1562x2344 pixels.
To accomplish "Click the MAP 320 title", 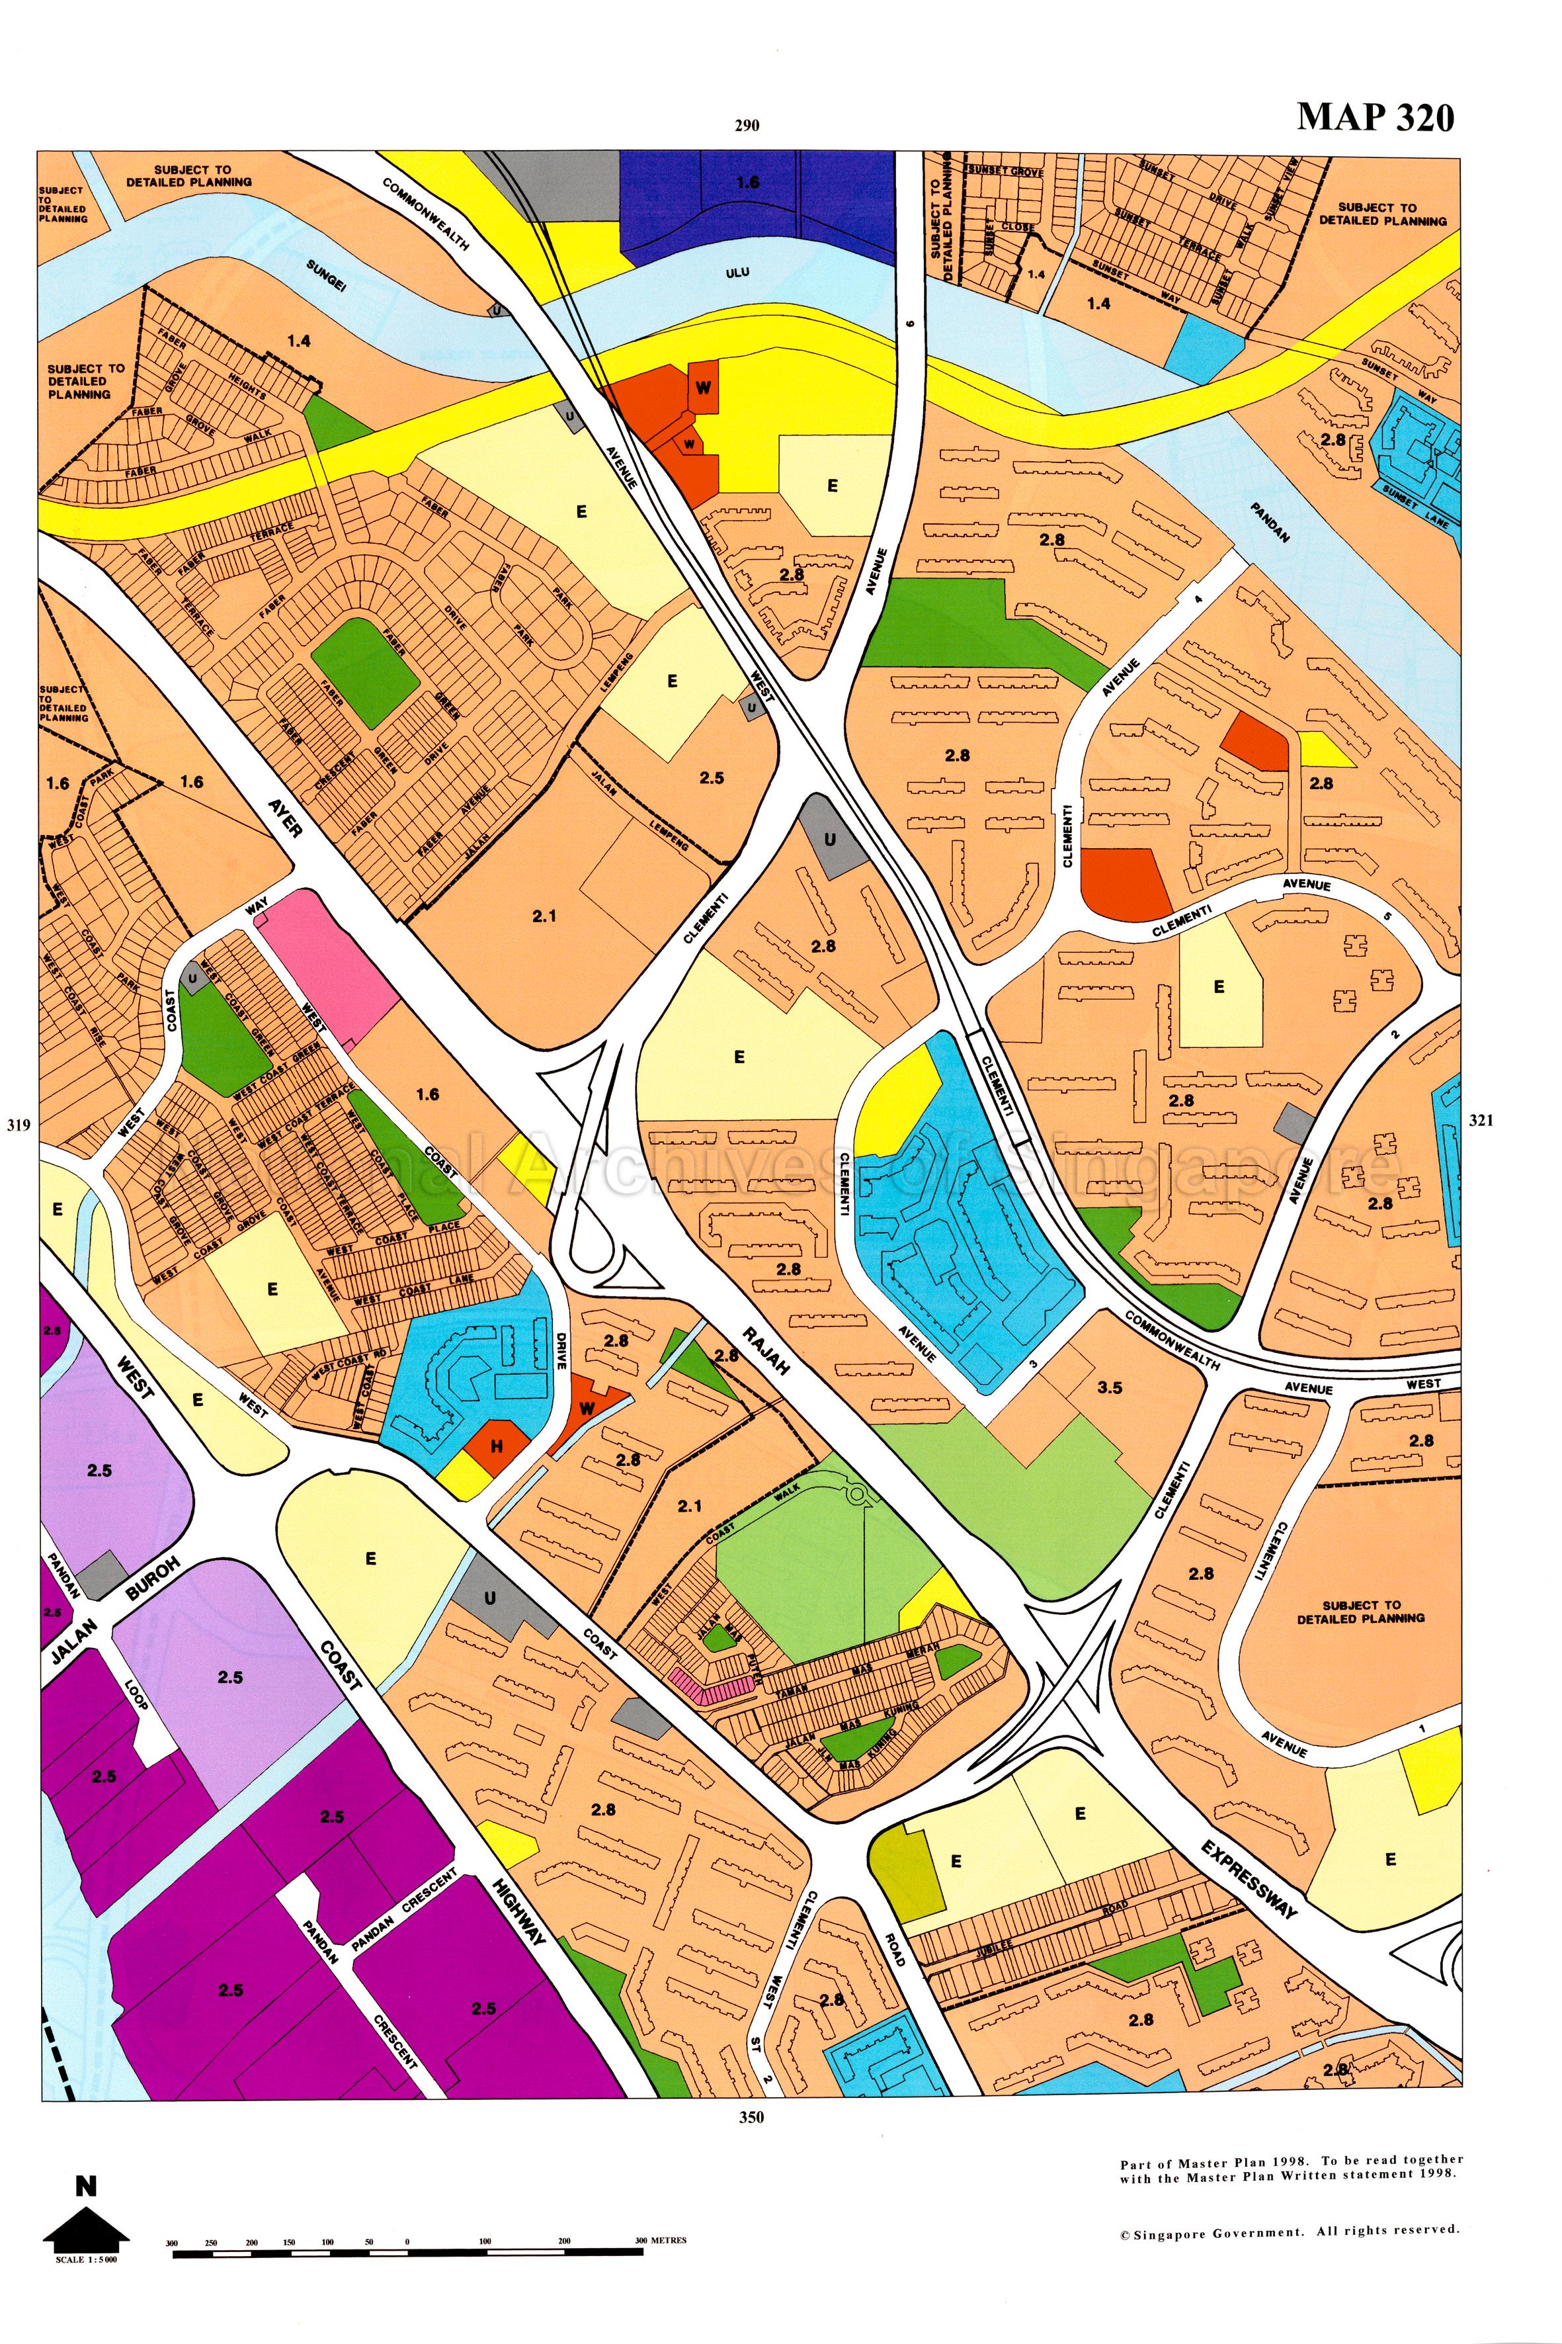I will click(1375, 118).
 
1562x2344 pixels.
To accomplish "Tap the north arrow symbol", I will click(87, 2226).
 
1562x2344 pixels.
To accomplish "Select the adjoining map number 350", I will click(751, 2117).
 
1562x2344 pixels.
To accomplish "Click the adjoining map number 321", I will click(1481, 1120).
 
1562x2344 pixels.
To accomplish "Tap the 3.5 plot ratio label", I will click(1110, 1387).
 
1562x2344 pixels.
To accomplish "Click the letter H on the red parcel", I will click(495, 1446).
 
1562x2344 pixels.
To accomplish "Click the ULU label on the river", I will click(738, 272).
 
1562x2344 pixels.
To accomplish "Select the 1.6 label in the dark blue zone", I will click(747, 183).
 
